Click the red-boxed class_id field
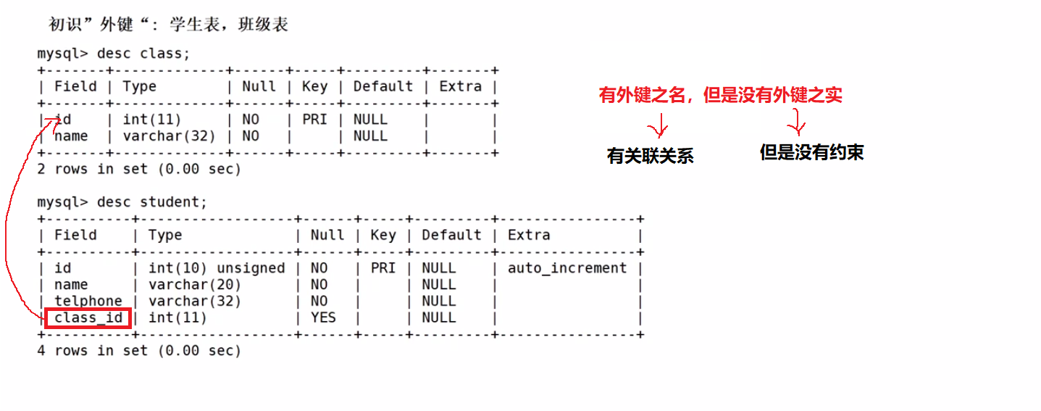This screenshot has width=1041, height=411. point(88,317)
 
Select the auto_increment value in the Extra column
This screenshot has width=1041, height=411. point(567,268)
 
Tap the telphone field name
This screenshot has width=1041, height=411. point(88,301)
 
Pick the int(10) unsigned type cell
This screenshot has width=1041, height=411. point(216,268)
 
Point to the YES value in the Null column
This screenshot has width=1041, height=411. point(323,317)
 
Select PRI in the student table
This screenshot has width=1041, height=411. point(382,268)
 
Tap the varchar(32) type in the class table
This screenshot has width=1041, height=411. point(169,136)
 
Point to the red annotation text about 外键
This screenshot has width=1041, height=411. point(720,95)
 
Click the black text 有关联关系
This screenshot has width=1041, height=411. point(650,155)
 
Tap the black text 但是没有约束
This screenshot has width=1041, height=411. point(811,153)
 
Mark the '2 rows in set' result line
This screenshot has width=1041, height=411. point(138,169)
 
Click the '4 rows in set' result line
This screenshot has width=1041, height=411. point(138,351)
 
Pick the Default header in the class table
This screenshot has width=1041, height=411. point(382,86)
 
